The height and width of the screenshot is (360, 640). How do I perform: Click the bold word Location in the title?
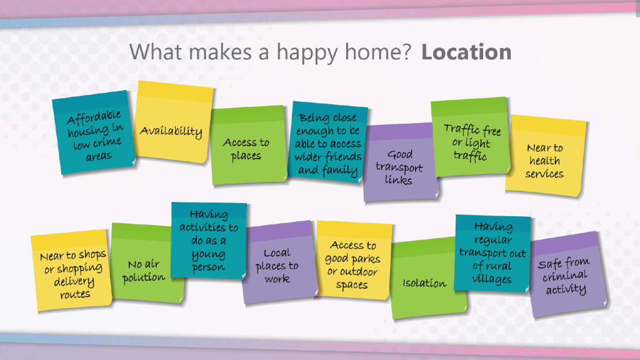pyautogui.click(x=466, y=52)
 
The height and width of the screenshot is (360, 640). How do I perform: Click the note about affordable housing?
pyautogui.click(x=94, y=133)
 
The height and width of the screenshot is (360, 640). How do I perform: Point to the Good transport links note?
pyautogui.click(x=399, y=162)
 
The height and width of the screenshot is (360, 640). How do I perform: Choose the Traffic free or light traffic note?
pyautogui.click(x=471, y=137)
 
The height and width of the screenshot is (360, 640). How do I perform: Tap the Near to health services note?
pyautogui.click(x=546, y=156)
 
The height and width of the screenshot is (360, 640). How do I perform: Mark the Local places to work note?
pyautogui.click(x=279, y=263)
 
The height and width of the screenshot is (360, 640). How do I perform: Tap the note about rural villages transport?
pyautogui.click(x=492, y=253)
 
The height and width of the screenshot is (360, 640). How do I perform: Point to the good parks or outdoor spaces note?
pyautogui.click(x=354, y=261)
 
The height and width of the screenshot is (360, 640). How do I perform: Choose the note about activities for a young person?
pyautogui.click(x=209, y=241)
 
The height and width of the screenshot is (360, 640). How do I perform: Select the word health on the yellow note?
pyautogui.click(x=544, y=161)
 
